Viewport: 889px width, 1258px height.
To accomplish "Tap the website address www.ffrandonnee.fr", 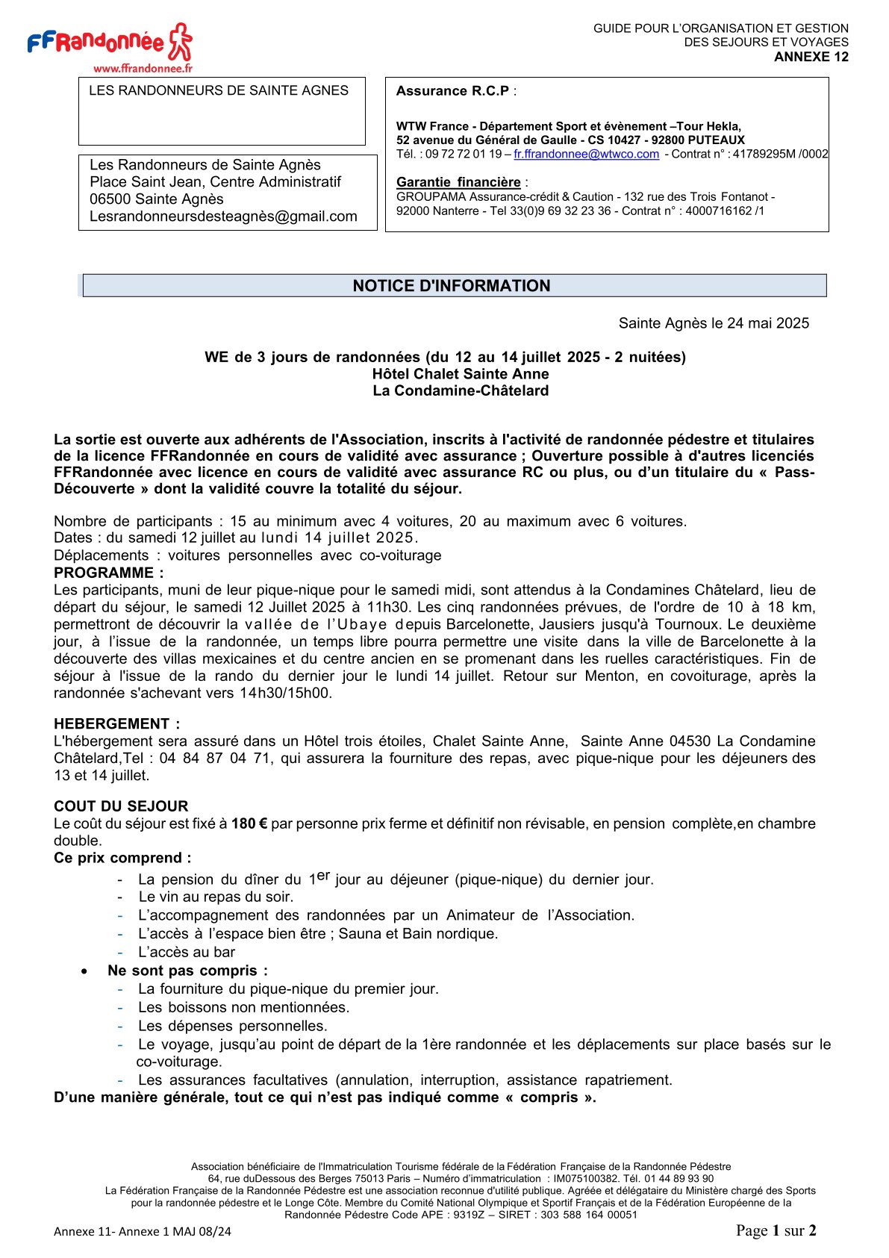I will point(143,68).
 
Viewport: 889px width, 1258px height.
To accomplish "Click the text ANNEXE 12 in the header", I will point(811,57).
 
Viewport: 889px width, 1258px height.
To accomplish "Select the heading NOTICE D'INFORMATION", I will point(452,286).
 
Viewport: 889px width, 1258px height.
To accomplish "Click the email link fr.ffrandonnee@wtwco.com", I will point(586,154).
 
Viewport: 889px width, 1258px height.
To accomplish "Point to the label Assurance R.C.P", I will point(453,91).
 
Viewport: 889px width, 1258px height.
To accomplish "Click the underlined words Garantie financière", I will point(458,182).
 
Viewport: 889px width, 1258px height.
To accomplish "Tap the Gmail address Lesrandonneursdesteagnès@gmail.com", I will point(223,217).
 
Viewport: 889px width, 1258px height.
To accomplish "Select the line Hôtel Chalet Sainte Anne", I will point(461,374).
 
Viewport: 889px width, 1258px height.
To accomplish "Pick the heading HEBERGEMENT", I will point(113,723).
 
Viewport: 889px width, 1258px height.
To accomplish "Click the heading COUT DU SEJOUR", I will point(121,806).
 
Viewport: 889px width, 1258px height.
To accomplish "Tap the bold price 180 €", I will point(249,823).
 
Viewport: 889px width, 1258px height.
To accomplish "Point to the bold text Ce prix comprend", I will point(122,858).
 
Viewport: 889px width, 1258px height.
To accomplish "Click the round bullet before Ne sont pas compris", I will point(86,971).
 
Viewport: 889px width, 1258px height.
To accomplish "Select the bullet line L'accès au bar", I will point(187,952).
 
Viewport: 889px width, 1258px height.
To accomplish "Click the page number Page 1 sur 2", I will point(776,1230).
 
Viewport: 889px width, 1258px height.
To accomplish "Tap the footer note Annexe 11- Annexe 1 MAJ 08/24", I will point(143,1231).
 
